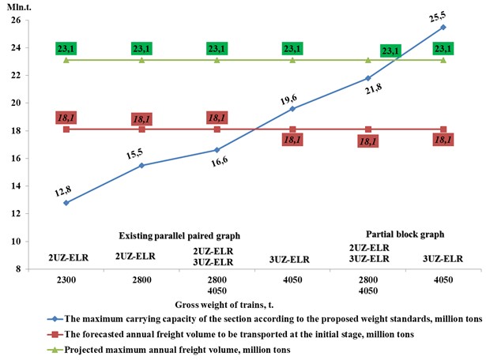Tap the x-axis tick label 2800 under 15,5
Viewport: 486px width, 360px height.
pyautogui.click(x=141, y=281)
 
